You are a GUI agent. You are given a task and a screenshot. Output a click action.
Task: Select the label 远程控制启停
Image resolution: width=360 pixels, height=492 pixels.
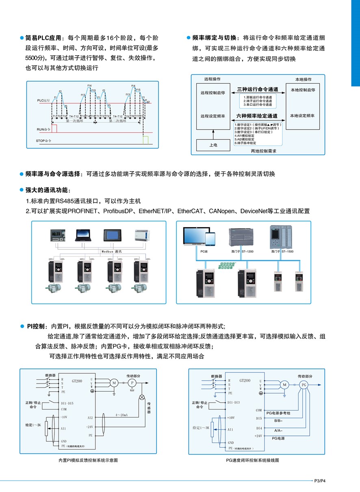click(x=213, y=93)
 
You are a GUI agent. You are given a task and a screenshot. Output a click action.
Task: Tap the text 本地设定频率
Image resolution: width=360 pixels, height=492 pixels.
click(x=302, y=116)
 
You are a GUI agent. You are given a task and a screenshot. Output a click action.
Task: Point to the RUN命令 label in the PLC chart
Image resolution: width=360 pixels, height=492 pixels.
click(x=44, y=129)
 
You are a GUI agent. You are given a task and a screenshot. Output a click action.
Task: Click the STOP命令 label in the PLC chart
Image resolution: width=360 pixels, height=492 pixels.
click(x=45, y=141)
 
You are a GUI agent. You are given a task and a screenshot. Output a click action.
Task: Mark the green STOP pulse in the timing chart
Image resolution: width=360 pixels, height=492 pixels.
click(x=145, y=140)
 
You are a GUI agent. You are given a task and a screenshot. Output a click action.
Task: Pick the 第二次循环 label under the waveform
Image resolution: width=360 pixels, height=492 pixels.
click(x=117, y=121)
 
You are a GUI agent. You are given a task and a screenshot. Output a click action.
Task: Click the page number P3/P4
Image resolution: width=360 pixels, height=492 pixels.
click(x=321, y=481)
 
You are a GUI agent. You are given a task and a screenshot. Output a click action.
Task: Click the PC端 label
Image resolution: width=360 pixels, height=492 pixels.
click(x=204, y=251)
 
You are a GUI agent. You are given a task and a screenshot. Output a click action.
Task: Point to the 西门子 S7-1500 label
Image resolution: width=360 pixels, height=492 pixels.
click(x=282, y=251)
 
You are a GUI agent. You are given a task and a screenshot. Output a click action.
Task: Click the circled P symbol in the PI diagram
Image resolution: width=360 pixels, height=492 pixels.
click(x=131, y=383)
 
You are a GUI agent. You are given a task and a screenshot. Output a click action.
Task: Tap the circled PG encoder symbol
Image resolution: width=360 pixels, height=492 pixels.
click(x=304, y=385)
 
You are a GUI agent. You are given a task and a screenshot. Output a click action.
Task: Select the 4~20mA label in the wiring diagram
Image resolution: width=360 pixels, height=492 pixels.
click(x=121, y=415)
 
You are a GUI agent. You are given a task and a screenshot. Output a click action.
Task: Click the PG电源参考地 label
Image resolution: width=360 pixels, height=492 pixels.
click(x=278, y=413)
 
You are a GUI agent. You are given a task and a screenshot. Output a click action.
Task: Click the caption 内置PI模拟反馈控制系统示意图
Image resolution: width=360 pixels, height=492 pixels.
click(x=88, y=460)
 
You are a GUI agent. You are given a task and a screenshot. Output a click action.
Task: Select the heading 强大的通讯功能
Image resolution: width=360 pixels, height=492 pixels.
click(x=48, y=190)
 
